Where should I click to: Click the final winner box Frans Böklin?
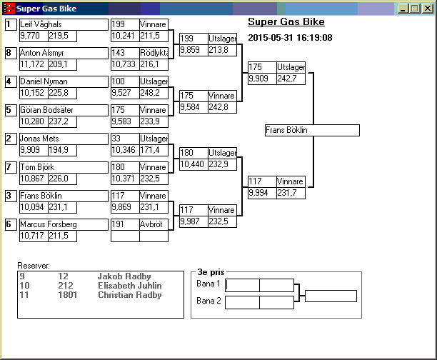[x=311, y=131]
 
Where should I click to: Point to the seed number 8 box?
[x=9, y=53]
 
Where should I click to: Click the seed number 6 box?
[x=9, y=224]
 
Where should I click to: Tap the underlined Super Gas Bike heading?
[x=286, y=22]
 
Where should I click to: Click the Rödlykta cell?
[x=154, y=53]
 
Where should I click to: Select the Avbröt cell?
[x=154, y=224]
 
